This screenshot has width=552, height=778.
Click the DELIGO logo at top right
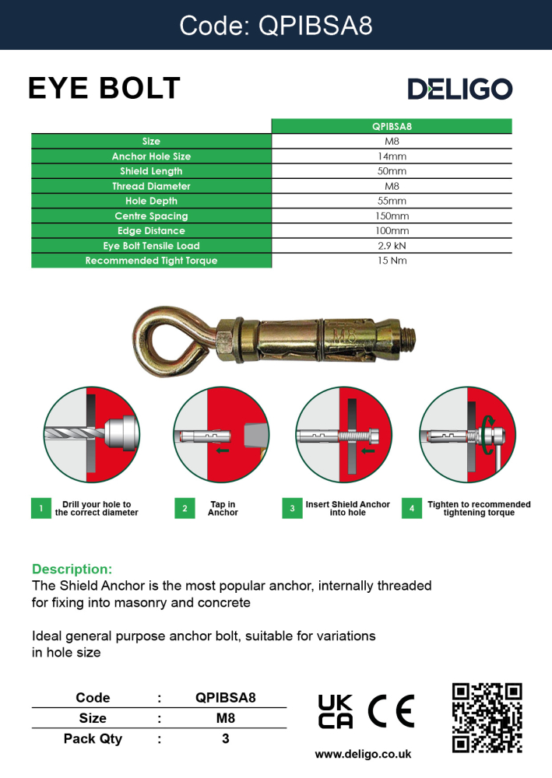coord(459,89)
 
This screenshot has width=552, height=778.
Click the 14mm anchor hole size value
coord(392,156)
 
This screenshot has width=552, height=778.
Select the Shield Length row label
coord(151,171)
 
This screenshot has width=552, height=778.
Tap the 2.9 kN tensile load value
coord(392,246)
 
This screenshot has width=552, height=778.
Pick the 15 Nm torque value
coord(392,261)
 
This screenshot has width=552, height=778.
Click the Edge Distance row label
coord(151,231)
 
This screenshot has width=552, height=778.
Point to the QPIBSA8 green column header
coord(392,126)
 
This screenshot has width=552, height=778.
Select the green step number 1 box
coord(40,509)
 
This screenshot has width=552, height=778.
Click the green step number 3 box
coord(292,509)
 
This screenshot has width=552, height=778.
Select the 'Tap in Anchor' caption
coord(223,509)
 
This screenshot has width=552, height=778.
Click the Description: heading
coord(72,569)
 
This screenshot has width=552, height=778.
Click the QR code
coord(487,717)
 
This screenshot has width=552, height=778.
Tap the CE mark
coord(392,710)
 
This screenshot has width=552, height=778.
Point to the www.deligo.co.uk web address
coord(363,755)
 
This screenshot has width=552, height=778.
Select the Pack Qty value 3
coord(226,739)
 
